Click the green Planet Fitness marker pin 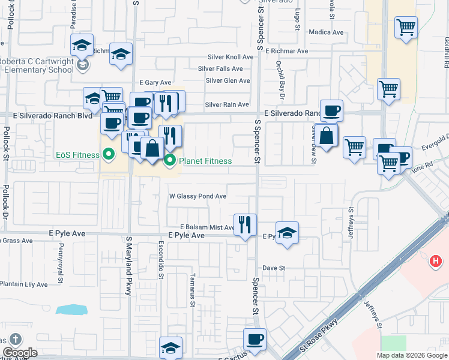[170, 161]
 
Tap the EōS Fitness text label [78, 155]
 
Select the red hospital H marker [436, 262]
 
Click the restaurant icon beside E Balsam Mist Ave [245, 225]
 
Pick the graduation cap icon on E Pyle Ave [287, 233]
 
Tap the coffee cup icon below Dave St [255, 339]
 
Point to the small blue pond [71, 310]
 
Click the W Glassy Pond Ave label [197, 196]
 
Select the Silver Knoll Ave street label [230, 57]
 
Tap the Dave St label [273, 268]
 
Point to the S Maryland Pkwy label [128, 265]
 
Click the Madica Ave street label [325, 32]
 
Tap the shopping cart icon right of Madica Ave [406, 27]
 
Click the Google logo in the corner [19, 353]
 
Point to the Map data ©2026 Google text [411, 355]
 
